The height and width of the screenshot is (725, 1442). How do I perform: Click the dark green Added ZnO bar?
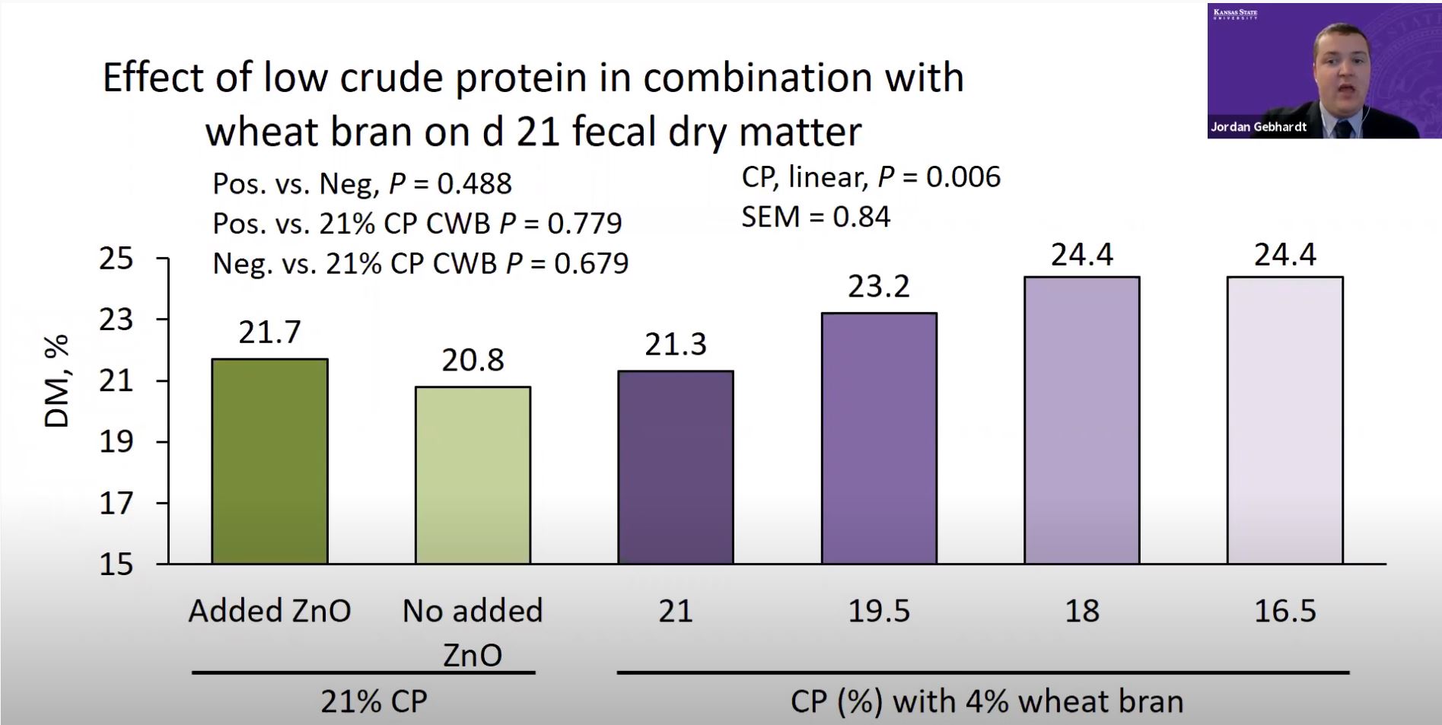(269, 461)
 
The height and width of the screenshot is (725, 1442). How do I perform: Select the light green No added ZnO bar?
(473, 475)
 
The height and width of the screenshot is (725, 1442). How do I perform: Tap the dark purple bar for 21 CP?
(676, 468)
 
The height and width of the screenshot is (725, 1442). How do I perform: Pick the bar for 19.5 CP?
(879, 438)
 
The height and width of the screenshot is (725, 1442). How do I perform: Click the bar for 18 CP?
(1082, 420)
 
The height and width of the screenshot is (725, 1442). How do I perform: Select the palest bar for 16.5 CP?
(1285, 420)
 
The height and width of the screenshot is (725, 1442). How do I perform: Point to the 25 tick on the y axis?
(116, 259)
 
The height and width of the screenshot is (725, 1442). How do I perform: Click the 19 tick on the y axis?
(116, 441)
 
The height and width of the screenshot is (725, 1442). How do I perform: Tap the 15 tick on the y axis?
(116, 564)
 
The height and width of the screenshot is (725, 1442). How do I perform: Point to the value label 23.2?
(879, 286)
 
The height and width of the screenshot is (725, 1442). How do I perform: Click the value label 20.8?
(473, 360)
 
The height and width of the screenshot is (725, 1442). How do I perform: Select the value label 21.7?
(269, 332)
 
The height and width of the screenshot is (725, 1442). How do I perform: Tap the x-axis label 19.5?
(879, 611)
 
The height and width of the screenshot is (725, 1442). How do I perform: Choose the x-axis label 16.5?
(1285, 611)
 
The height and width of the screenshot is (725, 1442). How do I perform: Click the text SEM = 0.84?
(816, 217)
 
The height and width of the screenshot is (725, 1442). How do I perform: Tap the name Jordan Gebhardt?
(1259, 127)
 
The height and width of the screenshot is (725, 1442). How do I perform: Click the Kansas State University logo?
(1236, 14)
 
